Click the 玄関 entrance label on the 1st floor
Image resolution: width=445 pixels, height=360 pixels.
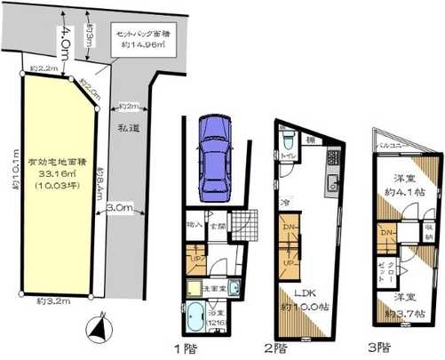click(217, 227)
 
